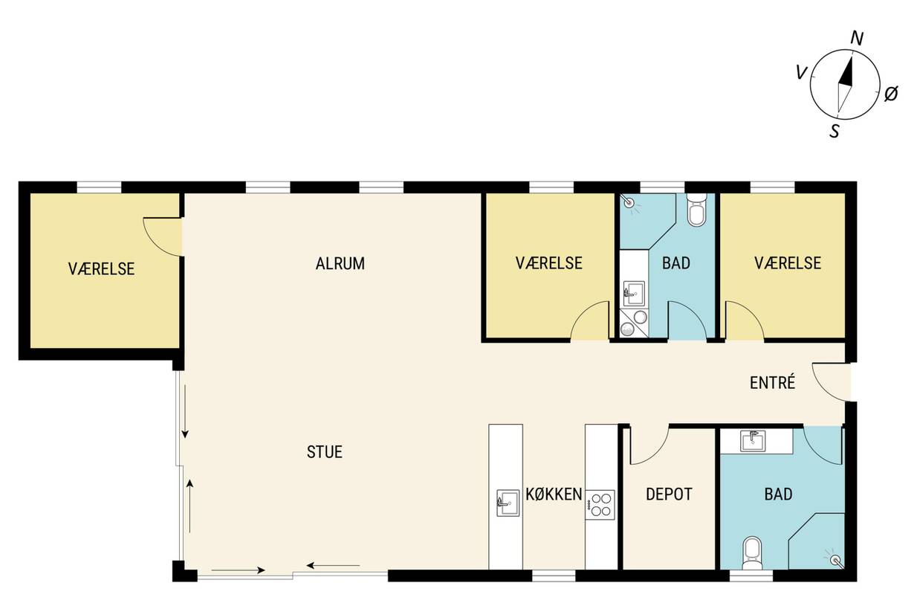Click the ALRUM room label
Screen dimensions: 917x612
[340, 263]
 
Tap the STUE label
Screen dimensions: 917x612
[324, 452]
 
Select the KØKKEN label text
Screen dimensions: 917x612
[554, 494]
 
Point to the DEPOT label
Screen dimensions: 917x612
[669, 494]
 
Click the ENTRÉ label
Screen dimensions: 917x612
[772, 382]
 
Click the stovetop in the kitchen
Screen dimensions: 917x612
[600, 505]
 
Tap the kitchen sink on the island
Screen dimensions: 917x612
[508, 503]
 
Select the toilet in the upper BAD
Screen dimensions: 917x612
[696, 210]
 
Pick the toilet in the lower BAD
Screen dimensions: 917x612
[752, 553]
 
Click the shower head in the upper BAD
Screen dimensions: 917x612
[629, 202]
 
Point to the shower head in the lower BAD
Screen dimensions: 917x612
[835, 559]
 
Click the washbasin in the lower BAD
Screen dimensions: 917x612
[753, 441]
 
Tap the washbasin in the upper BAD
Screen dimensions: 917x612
[633, 293]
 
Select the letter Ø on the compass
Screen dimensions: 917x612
[891, 94]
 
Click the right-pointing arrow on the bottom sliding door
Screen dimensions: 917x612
[238, 570]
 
